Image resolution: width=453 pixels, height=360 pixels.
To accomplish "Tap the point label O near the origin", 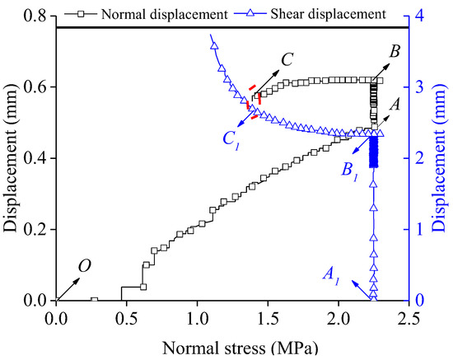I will tap(84, 265).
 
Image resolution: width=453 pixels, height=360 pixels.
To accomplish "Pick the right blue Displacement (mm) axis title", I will tap(442, 158).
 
